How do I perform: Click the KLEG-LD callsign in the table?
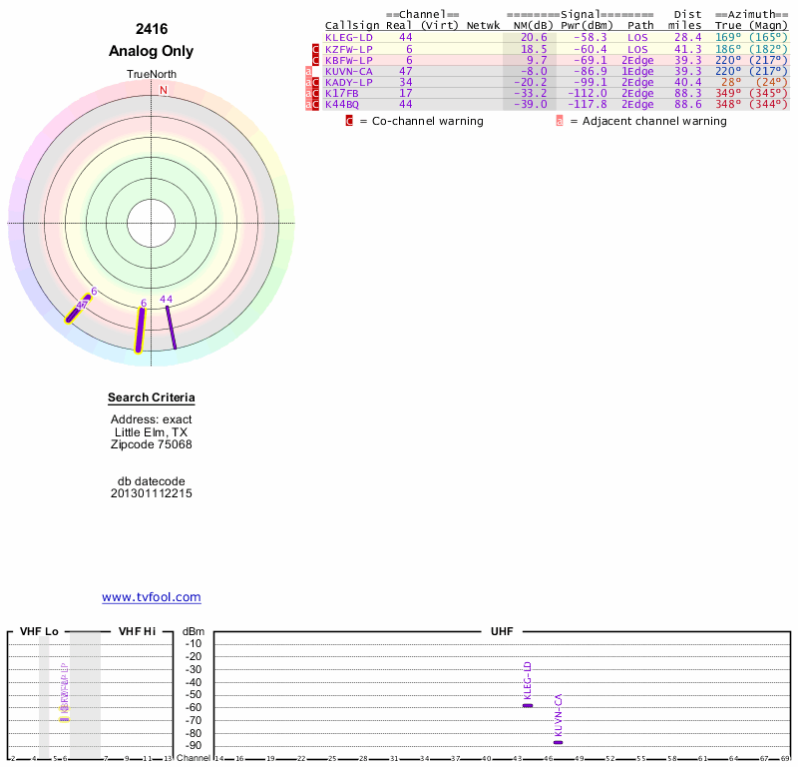(x=348, y=37)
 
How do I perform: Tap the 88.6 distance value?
(x=687, y=104)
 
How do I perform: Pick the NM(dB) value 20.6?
(x=534, y=37)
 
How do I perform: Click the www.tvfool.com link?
(x=152, y=597)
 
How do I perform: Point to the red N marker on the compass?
(x=164, y=90)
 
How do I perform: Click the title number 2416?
(x=152, y=29)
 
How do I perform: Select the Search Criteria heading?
(x=152, y=398)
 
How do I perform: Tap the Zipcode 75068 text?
(x=152, y=444)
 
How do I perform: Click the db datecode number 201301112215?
(x=152, y=493)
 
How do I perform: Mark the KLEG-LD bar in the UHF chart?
(x=528, y=705)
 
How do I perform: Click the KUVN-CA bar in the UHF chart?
(x=559, y=742)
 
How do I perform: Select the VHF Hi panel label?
(x=137, y=632)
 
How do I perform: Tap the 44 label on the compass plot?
(x=167, y=300)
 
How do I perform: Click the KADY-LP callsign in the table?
(x=348, y=82)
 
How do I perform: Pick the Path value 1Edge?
(x=638, y=71)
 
